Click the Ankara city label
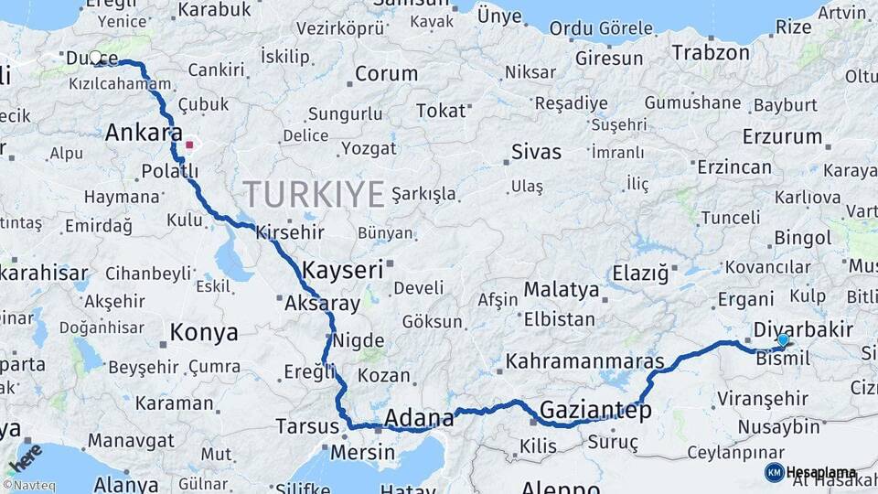144,134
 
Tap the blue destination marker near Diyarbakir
783,340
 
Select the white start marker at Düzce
95,58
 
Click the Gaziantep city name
595,411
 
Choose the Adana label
419,419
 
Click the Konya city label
204,332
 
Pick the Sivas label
536,152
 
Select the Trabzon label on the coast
711,53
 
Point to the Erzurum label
782,137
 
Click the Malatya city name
562,291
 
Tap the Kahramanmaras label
584,360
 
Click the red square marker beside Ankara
189,144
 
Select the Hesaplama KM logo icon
774,472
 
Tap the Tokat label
441,111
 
